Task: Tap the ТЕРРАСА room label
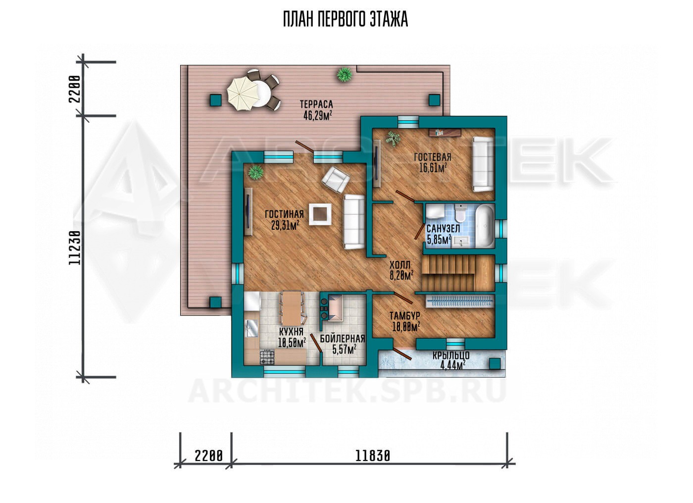pos(316,104)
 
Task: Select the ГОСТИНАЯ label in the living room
pos(284,214)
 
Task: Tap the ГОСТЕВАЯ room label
pos(433,157)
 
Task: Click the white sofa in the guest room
pos(483,164)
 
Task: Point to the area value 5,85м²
pos(439,239)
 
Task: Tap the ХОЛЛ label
pos(400,265)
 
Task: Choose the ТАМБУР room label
pos(405,315)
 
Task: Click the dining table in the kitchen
pos(291,308)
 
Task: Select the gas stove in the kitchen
pos(267,356)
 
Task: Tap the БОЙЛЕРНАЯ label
pos(343,339)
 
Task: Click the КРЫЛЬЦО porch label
pos(451,355)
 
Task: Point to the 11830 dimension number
pos(372,456)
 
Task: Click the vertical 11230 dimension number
pos(75,248)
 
